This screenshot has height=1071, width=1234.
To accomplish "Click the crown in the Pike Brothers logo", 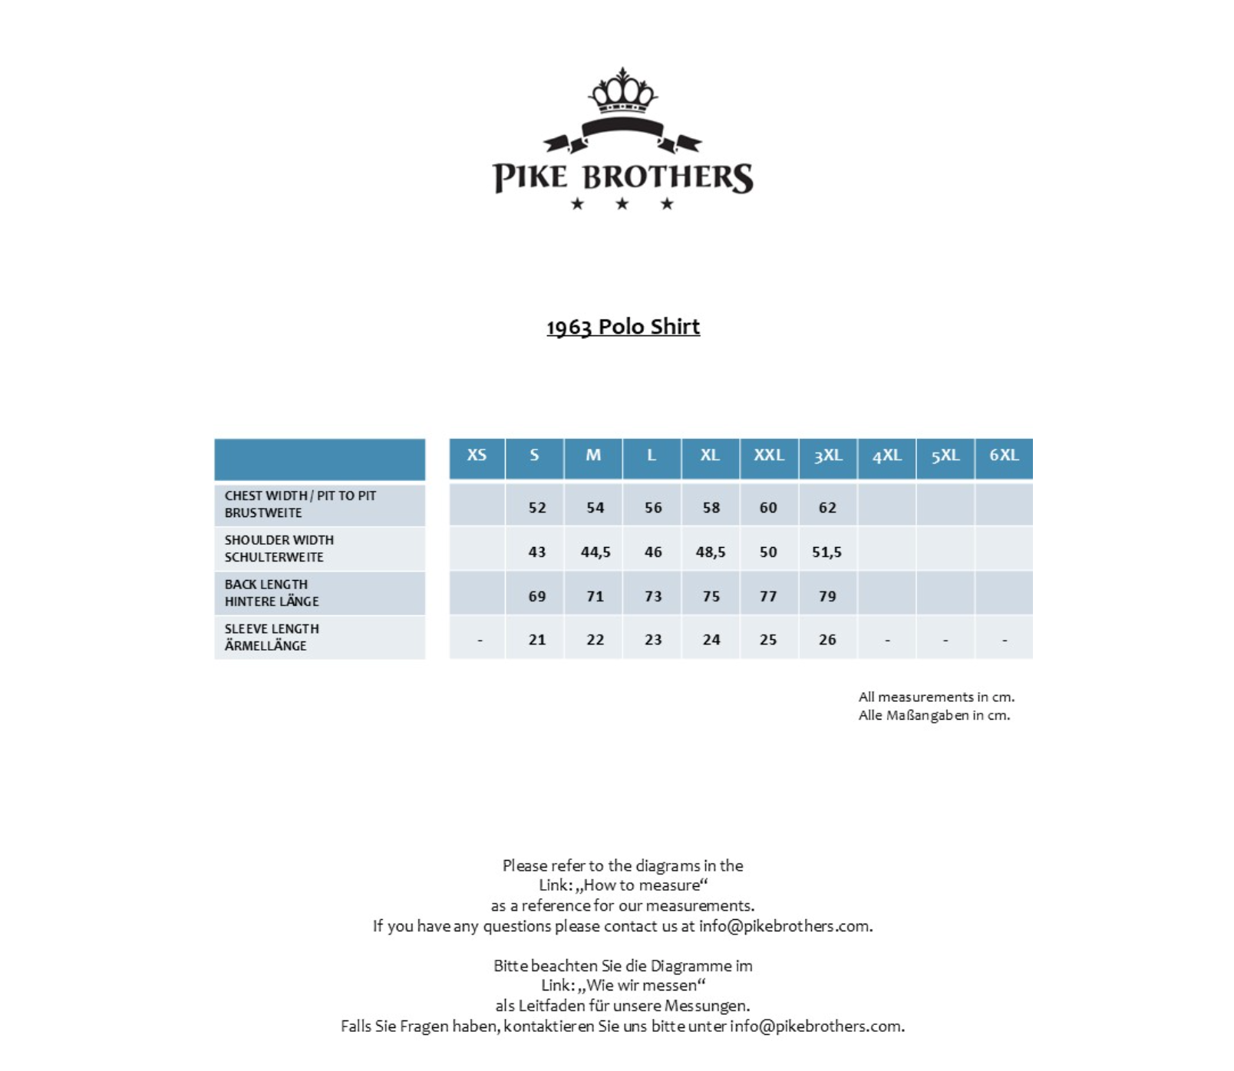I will coord(622,91).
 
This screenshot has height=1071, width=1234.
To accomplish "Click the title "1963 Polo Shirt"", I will coord(622,327).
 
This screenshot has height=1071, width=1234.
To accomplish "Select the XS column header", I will coord(477,456).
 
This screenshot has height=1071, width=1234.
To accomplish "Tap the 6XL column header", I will coord(1004,456).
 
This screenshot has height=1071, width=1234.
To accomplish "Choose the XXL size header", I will coord(768,456).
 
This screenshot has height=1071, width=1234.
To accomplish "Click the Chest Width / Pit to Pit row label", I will coord(300,504).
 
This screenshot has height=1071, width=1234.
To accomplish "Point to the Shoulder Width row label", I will coord(279,549).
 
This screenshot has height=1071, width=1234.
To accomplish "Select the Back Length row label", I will coord(271,593).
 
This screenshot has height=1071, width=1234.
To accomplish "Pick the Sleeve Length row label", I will coord(271,638).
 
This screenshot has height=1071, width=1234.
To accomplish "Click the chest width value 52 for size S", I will coord(537,508).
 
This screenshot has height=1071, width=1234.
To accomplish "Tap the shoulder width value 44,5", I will coord(596,552).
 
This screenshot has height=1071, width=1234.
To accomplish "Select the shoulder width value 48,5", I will coord(711,552).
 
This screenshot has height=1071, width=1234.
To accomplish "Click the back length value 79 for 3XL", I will coord(827,597).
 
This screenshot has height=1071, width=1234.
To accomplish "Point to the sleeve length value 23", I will coord(653,640).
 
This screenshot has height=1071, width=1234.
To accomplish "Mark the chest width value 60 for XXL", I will coord(768,508).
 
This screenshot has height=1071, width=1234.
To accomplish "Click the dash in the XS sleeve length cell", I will coord(480,640).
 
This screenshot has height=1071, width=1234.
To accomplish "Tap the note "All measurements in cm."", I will coord(936,697).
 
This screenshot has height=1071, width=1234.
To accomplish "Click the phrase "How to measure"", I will coord(642,885).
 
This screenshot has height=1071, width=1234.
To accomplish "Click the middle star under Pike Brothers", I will coord(622,204).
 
